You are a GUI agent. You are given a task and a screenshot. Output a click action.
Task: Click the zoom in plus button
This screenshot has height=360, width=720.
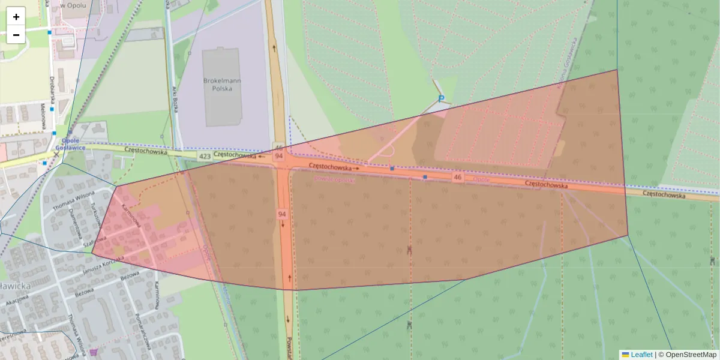16,17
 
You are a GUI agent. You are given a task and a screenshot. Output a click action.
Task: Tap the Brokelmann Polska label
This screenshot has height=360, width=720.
221,83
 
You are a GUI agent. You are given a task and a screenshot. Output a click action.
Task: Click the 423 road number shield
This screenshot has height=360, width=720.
205,157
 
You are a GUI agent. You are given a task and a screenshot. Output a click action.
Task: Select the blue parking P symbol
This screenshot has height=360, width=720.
442,99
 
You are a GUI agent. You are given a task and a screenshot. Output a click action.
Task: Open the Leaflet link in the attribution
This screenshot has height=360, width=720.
641,355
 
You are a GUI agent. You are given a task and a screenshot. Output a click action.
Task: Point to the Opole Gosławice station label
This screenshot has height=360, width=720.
70,143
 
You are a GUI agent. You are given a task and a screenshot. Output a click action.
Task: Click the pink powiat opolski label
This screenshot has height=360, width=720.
335,179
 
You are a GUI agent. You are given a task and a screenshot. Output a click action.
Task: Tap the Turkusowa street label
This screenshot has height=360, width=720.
95,212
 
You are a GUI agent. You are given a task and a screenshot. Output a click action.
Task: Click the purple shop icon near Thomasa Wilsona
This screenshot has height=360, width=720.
93,352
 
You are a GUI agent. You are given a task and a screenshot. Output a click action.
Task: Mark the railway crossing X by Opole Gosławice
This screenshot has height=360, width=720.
56,154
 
